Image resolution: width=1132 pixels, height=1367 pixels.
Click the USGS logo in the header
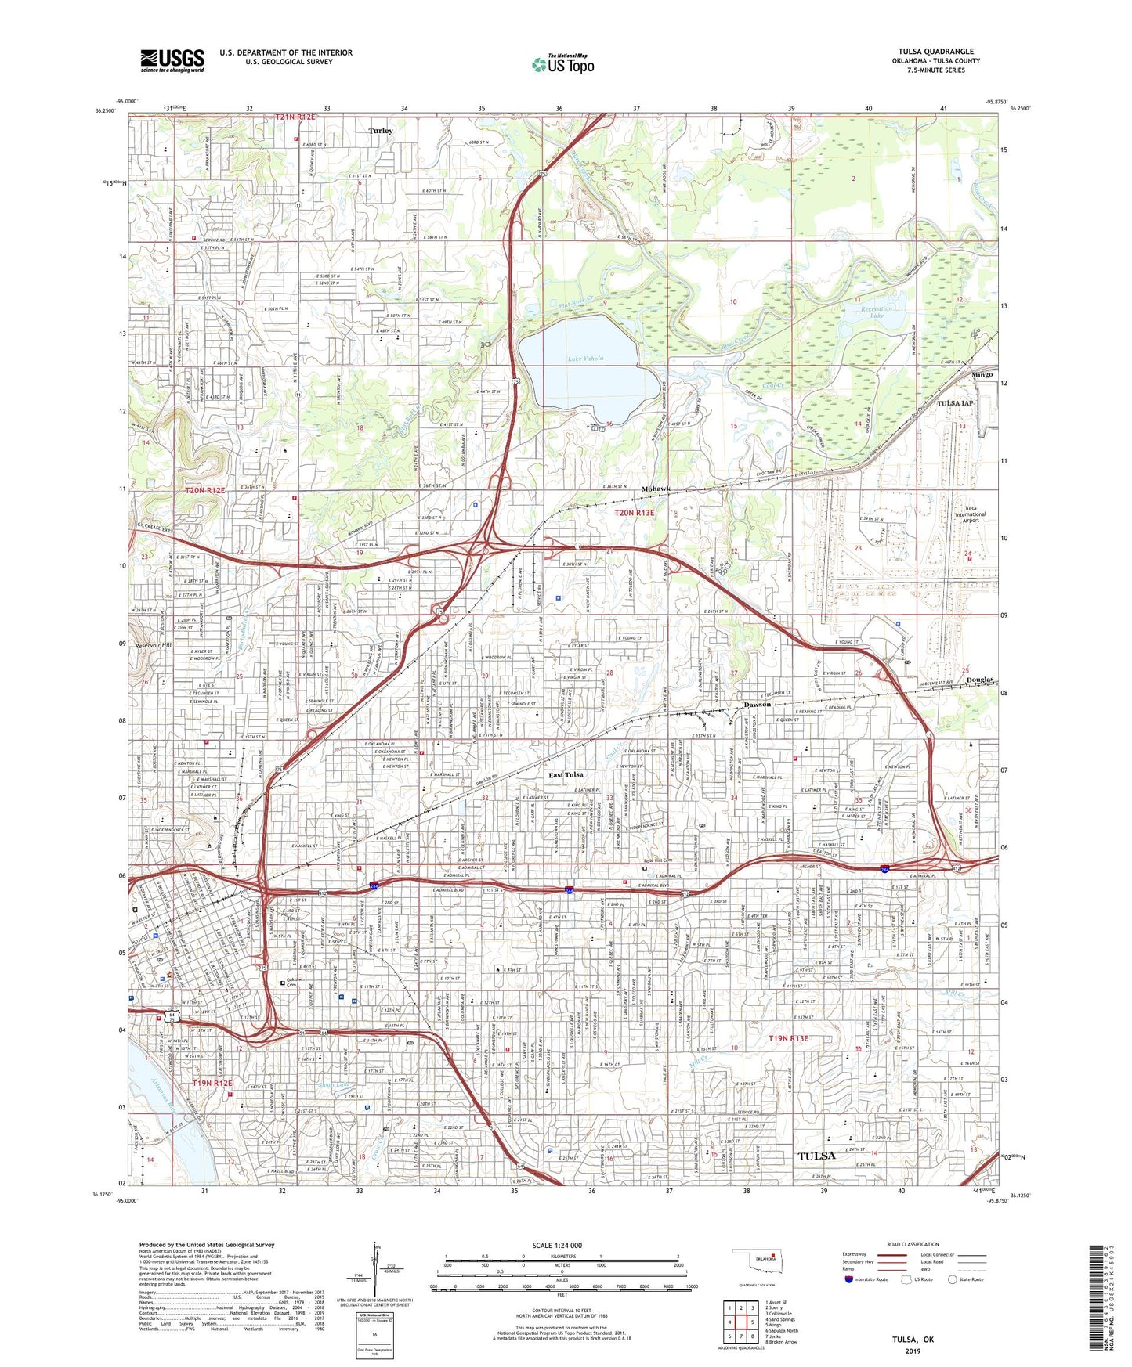[172, 60]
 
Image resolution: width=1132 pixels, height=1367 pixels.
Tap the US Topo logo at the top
[562, 64]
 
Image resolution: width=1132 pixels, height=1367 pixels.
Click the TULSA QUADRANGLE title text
[935, 52]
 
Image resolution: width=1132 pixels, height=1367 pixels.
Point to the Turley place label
[381, 131]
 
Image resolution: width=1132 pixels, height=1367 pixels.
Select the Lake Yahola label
[585, 359]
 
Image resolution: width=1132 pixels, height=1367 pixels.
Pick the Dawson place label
[758, 705]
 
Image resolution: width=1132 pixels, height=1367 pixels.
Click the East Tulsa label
[565, 774]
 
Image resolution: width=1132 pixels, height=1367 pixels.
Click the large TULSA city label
[816, 1156]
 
